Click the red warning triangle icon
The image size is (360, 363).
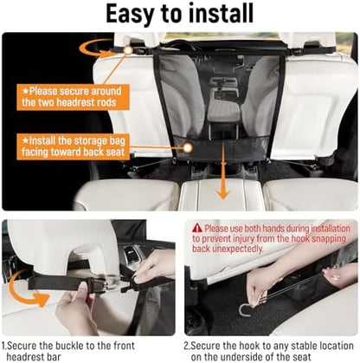point(197,228)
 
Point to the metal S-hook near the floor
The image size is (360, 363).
point(245,310)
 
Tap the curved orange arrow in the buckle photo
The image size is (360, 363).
point(27,289)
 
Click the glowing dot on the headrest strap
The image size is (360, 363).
point(128,50)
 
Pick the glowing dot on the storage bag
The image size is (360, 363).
point(188,148)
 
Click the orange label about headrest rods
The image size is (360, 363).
point(73,97)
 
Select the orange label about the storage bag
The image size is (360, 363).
point(73,146)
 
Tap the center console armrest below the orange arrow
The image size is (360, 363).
point(220,194)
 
